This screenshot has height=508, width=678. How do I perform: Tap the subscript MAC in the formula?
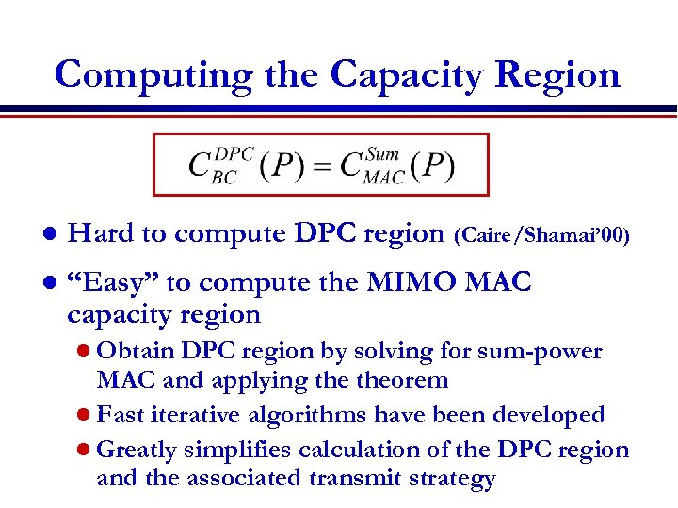point(383,176)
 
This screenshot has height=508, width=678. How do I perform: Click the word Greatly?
point(137,450)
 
